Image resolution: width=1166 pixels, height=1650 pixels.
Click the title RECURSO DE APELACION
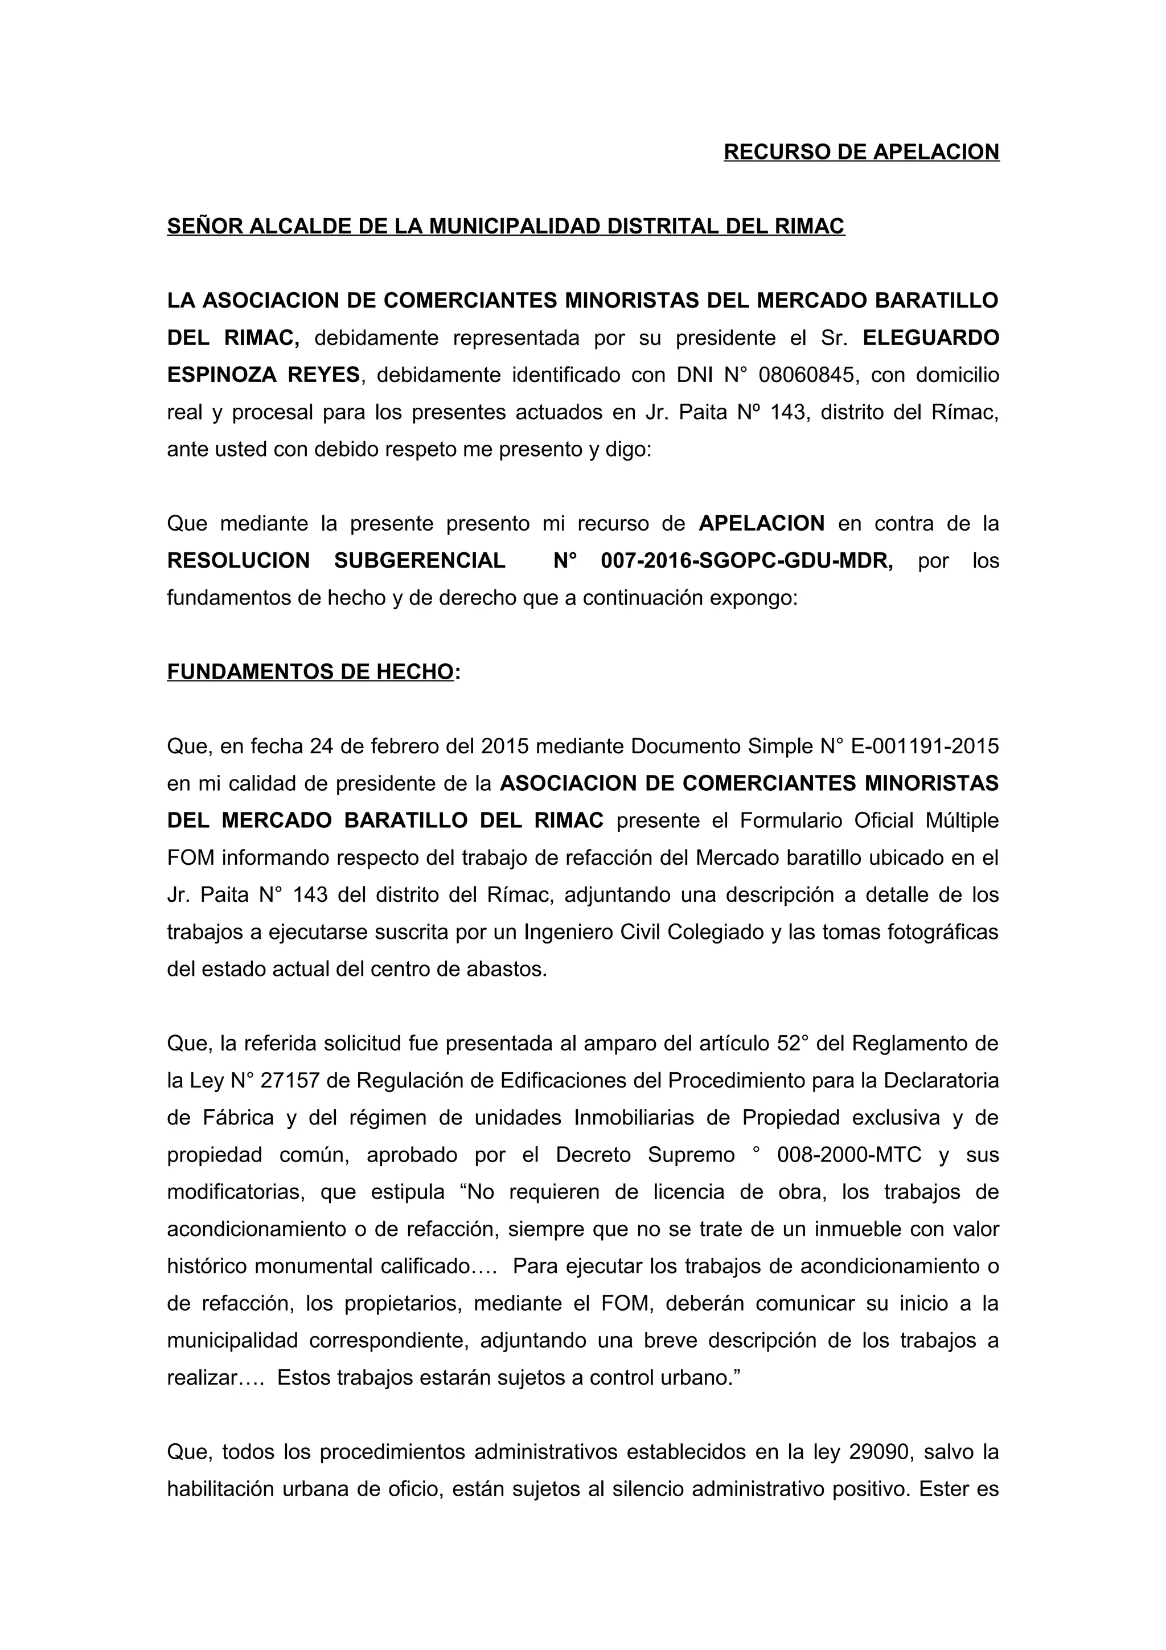861,151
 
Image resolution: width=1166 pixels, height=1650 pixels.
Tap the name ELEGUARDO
930,338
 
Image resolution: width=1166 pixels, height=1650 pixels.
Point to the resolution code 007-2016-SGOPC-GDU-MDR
746,561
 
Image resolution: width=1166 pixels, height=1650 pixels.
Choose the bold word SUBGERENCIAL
420,561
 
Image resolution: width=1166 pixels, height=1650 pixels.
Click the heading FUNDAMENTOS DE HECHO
310,672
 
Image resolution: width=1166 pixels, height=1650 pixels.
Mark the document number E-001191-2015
924,746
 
